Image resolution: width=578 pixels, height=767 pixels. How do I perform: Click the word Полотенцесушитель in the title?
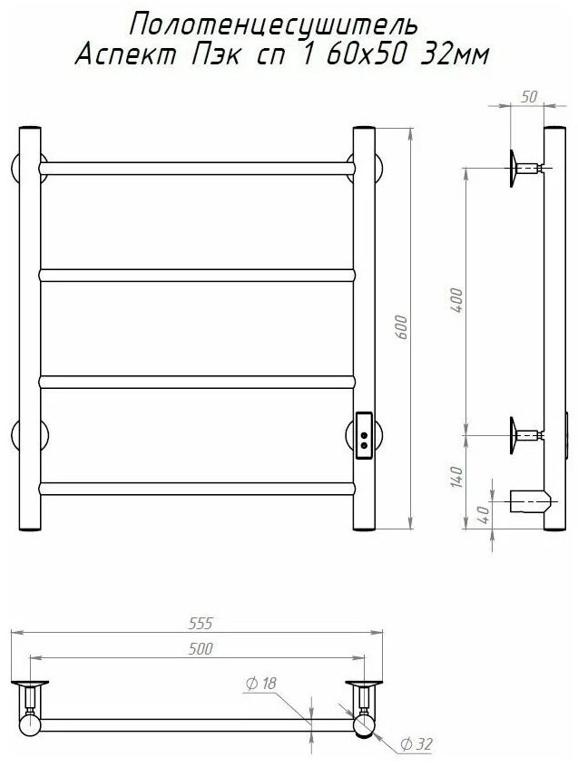click(274, 25)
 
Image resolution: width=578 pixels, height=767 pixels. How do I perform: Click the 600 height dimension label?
click(401, 328)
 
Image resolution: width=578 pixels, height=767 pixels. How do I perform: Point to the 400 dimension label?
click(456, 301)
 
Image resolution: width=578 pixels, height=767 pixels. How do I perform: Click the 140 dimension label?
click(456, 477)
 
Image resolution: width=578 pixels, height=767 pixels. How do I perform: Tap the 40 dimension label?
click(483, 516)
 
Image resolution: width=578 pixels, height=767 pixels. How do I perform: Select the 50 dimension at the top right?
click(529, 97)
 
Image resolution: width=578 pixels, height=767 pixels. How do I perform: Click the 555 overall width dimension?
click(201, 623)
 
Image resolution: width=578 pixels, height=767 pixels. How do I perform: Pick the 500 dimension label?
click(201, 648)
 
